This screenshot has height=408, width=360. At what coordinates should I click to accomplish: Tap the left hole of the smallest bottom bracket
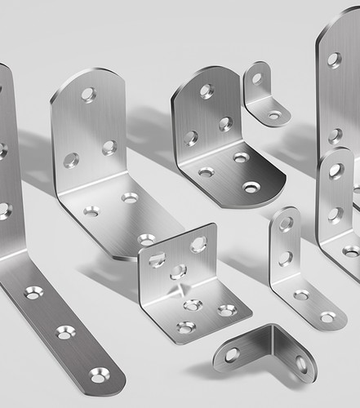coord(233,354)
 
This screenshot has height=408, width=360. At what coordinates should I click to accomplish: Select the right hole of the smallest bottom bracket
coord(300,363)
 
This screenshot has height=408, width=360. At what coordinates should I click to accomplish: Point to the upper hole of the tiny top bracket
coord(256,78)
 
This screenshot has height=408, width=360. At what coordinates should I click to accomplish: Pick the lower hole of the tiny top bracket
coord(275,115)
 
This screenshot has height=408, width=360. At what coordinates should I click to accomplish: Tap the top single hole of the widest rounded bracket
coord(87,95)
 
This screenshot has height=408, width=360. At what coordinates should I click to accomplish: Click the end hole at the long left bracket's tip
coord(99,376)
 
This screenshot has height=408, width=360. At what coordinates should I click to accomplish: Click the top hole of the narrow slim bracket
coord(286,224)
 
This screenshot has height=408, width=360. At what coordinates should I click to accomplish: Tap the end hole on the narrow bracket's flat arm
coord(328,317)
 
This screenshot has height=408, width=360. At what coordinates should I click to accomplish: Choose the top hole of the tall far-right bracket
coord(334,59)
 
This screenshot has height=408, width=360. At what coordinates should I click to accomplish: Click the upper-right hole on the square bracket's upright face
coord(198,244)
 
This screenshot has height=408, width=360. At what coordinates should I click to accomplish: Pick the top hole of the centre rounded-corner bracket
coord(207,91)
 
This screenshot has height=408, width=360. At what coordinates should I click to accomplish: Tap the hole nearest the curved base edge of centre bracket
coord(251,187)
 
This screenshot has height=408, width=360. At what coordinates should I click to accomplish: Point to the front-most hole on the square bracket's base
coord(186,327)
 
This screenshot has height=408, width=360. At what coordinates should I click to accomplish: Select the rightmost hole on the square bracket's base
coord(227,310)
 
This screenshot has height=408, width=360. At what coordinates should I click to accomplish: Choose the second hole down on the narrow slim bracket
coord(286,258)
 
